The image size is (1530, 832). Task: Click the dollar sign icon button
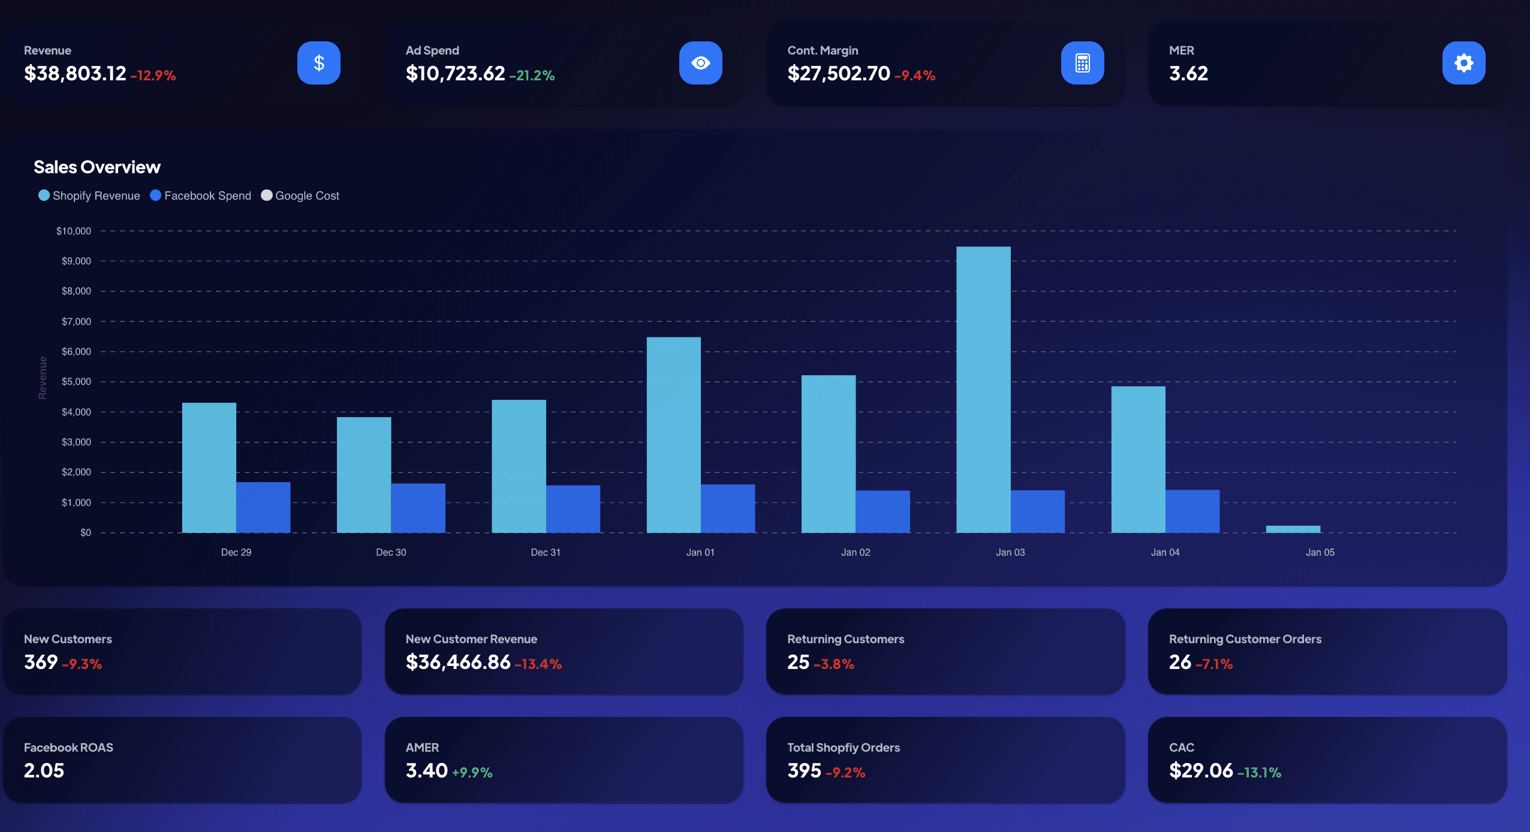point(318,63)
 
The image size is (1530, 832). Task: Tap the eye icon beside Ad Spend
point(700,63)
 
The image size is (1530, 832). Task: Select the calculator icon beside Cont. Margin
point(1082,63)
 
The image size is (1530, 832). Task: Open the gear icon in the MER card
point(1463,63)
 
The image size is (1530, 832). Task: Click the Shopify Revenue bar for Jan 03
point(983,390)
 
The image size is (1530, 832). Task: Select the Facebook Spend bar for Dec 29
point(263,507)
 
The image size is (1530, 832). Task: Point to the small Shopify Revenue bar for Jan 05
point(1293,529)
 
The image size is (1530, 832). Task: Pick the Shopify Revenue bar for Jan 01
point(673,435)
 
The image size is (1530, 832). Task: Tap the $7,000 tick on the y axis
point(76,321)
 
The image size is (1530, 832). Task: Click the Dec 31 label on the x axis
point(546,552)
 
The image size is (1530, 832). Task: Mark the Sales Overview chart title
point(97,167)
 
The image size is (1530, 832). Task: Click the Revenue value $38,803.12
point(75,73)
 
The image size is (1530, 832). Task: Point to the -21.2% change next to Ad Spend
point(532,76)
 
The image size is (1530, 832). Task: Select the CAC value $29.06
point(1201,770)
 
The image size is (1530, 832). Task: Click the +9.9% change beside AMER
point(472,772)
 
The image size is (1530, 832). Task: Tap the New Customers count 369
point(41,662)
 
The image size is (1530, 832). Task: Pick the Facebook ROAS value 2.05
point(44,770)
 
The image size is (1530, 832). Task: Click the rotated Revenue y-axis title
point(43,378)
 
